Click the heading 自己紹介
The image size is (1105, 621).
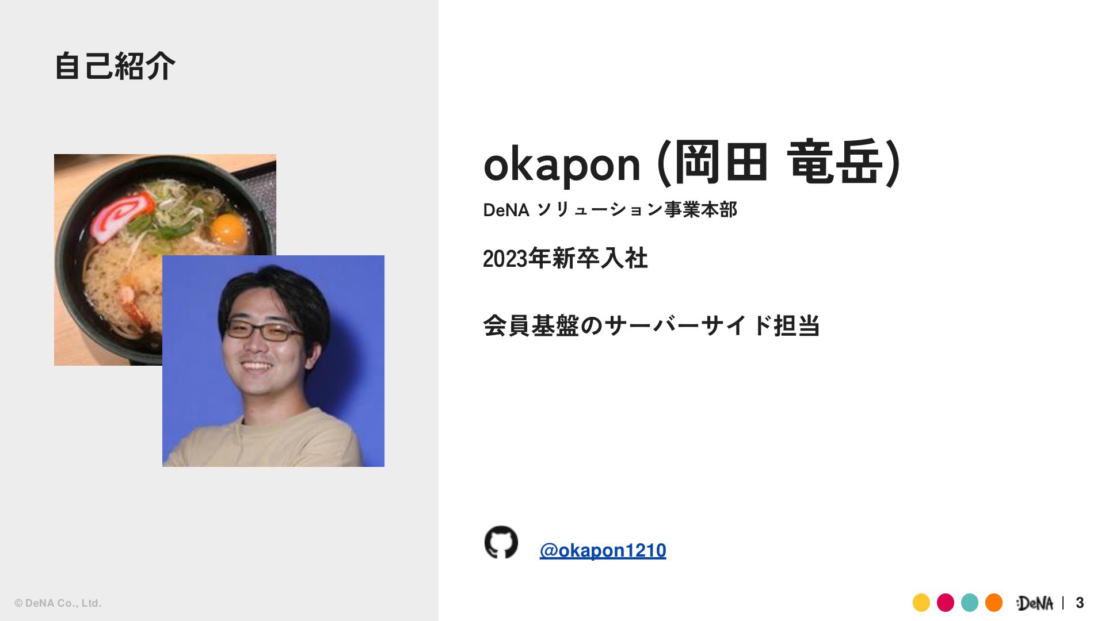click(x=115, y=66)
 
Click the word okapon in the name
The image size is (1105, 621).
click(x=562, y=164)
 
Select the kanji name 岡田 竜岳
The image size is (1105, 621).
click(x=778, y=163)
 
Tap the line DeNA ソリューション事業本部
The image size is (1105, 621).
click(x=610, y=210)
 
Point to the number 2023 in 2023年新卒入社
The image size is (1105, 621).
click(x=505, y=259)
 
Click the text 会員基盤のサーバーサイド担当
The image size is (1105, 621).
click(x=651, y=325)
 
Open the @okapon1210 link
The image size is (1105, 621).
click(x=603, y=550)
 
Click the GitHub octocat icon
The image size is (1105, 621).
click(x=501, y=542)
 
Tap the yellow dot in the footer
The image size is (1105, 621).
click(x=921, y=603)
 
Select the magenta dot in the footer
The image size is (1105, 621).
click(x=946, y=603)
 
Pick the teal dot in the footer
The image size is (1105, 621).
click(x=970, y=603)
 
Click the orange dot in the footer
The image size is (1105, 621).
click(x=994, y=603)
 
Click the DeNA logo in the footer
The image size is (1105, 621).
click(x=1034, y=603)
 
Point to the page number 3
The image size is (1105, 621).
click(x=1080, y=603)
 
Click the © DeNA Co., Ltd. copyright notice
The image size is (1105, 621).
click(x=58, y=603)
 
